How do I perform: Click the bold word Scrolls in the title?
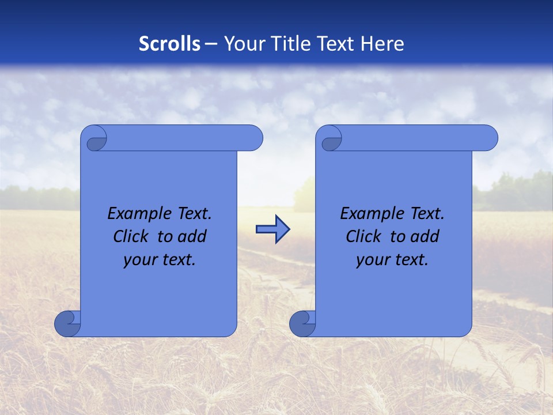pyautogui.click(x=170, y=44)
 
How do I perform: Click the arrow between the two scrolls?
pyautogui.click(x=272, y=229)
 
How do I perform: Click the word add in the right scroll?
pyautogui.click(x=424, y=236)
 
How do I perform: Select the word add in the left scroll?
pyautogui.click(x=191, y=236)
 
